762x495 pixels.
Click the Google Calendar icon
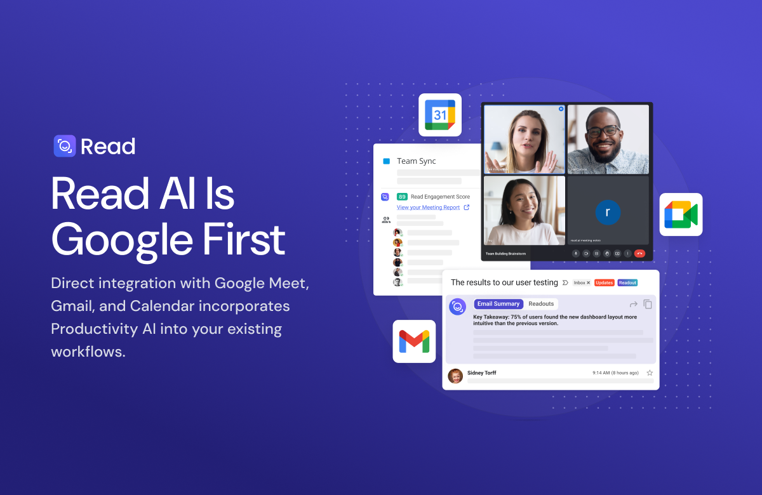coord(440,115)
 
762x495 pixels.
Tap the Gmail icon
coord(414,341)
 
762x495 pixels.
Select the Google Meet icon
coord(681,214)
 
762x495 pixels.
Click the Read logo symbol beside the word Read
coord(65,146)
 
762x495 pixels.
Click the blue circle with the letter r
coord(608,212)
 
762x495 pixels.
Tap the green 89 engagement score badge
coord(402,197)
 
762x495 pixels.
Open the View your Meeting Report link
coord(429,208)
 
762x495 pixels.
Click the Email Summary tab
coord(498,304)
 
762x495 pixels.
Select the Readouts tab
coord(541,304)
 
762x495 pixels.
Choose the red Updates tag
coord(604,282)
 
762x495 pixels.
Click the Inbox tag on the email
coord(581,282)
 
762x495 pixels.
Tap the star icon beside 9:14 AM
coord(650,373)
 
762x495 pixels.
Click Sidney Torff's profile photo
coord(455,376)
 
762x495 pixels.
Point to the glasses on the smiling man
coord(603,131)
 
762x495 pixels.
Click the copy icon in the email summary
coord(648,305)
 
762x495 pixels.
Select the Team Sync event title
coord(416,161)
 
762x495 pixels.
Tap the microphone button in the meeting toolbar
coord(576,253)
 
